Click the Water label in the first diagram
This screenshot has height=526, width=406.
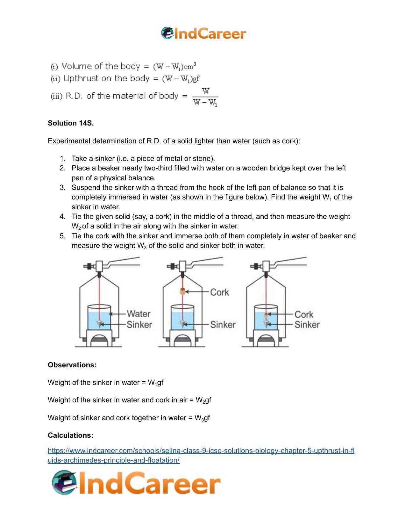[x=139, y=314]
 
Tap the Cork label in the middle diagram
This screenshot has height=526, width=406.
[x=219, y=292]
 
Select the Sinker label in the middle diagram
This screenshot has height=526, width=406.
[x=223, y=325]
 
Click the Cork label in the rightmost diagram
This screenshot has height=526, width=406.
[x=304, y=314]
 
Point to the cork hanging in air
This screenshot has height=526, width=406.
[x=182, y=291]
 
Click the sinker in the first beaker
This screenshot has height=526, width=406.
[x=100, y=324]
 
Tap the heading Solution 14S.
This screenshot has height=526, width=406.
[x=71, y=123]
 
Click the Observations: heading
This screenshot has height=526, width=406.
[x=72, y=365]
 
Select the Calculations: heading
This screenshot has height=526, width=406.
[x=70, y=435]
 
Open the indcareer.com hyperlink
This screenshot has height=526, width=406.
[x=201, y=451]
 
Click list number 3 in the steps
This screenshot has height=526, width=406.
[x=62, y=188]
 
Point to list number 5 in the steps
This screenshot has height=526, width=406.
[x=62, y=236]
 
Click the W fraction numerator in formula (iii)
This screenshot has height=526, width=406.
[x=206, y=91]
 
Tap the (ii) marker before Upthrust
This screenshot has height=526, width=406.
[x=55, y=79]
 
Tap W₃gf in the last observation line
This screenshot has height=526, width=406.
[x=202, y=418]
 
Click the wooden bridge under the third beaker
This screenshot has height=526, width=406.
[x=266, y=338]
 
